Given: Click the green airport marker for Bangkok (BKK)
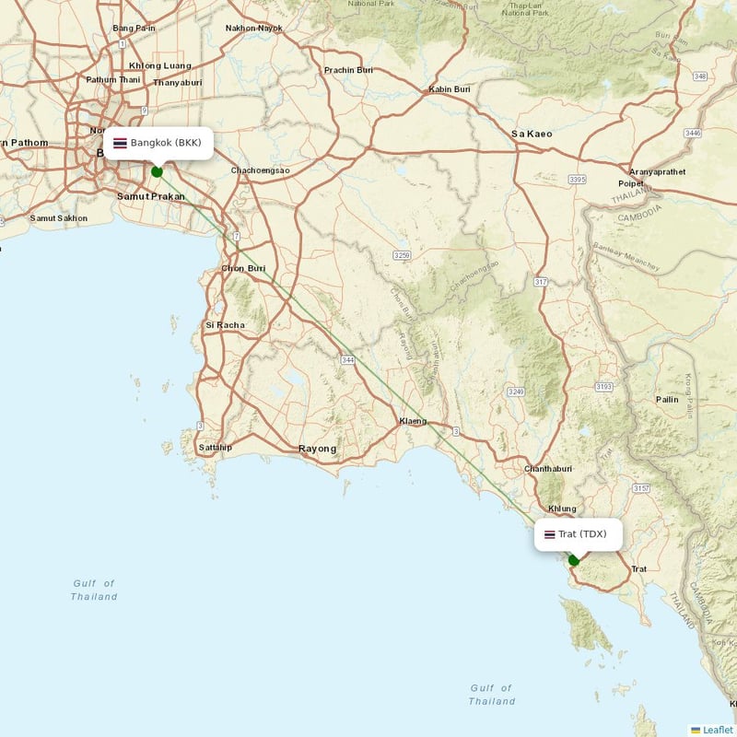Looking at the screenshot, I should point(157,171).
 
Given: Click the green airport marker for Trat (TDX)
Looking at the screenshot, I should point(574,560).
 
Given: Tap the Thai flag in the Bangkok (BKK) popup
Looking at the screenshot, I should point(120,143).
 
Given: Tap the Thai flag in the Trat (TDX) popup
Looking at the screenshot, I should point(549,534).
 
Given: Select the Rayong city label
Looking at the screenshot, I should point(317,449).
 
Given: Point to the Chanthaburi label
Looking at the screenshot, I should point(548,469).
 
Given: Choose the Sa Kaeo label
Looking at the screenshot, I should point(532,134).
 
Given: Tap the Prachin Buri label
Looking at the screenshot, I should point(348,70).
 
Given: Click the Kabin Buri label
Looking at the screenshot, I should point(450,89).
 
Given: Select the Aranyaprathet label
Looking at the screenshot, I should point(658,171).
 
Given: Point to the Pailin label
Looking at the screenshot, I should point(667,399).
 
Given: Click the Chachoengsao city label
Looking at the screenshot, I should point(260,170).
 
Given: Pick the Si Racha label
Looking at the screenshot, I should point(225,325).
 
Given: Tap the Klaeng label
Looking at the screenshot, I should point(413,421).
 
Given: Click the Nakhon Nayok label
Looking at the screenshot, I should point(253,28).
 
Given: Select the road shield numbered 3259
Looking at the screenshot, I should point(401,253).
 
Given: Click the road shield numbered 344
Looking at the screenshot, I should point(347,358).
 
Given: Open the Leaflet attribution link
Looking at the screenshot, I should point(717,730).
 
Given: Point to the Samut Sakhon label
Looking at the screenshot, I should point(59,218).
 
